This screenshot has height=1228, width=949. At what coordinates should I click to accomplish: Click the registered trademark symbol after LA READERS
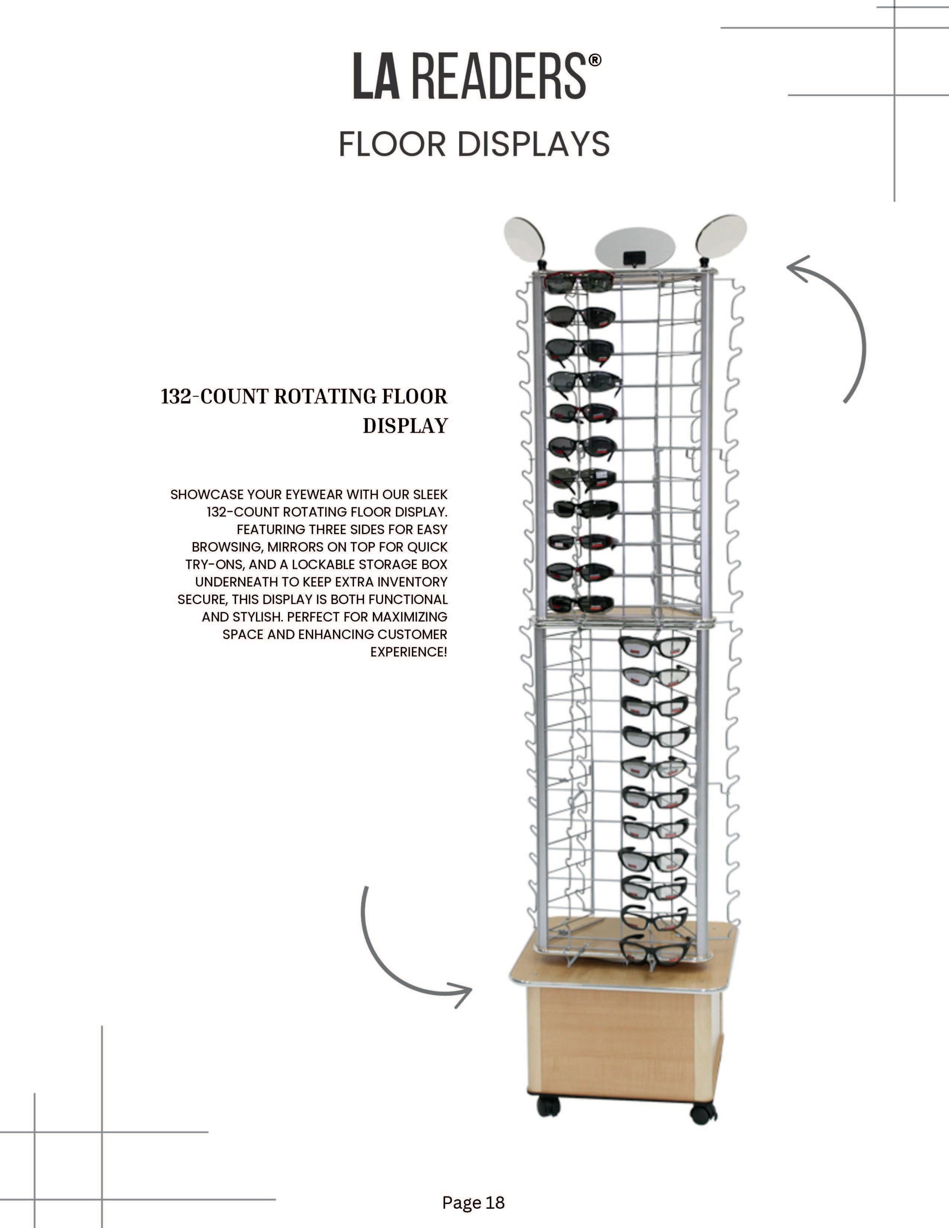pos(594,60)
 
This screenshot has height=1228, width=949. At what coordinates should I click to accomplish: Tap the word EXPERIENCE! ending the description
pos(409,652)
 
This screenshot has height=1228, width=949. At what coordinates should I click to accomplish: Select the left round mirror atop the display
pos(525,239)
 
